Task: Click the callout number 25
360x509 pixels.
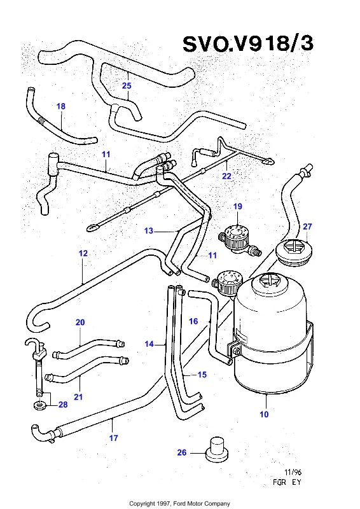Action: pyautogui.click(x=127, y=86)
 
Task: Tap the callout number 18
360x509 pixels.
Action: pyautogui.click(x=60, y=106)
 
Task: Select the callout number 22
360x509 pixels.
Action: pyautogui.click(x=226, y=176)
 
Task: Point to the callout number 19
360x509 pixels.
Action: pyautogui.click(x=238, y=206)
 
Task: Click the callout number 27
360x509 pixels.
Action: pyautogui.click(x=307, y=227)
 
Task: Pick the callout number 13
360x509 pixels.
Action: pyautogui.click(x=149, y=231)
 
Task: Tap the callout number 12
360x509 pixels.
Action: pyautogui.click(x=83, y=253)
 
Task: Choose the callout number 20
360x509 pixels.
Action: pyautogui.click(x=80, y=323)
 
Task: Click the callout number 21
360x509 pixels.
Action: pyautogui.click(x=78, y=396)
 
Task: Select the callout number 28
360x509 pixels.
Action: pyautogui.click(x=63, y=405)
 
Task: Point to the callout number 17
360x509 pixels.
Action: pyautogui.click(x=113, y=438)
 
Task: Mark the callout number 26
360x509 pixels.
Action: pyautogui.click(x=182, y=452)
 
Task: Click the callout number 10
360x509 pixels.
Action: pyautogui.click(x=264, y=414)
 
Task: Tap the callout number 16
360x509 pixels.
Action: pyautogui.click(x=193, y=321)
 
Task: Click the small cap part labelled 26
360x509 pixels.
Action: pyautogui.click(x=217, y=449)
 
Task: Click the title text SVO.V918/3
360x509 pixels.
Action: pyautogui.click(x=248, y=44)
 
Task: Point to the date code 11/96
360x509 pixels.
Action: pyautogui.click(x=293, y=472)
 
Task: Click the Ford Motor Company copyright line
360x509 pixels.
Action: pyautogui.click(x=179, y=503)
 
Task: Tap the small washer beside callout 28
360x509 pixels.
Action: pyautogui.click(x=39, y=405)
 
